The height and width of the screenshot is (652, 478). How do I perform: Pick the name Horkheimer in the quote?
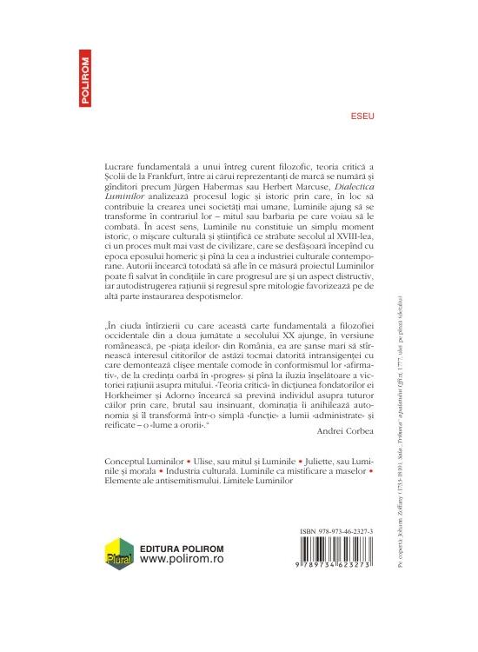pyautogui.click(x=127, y=394)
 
